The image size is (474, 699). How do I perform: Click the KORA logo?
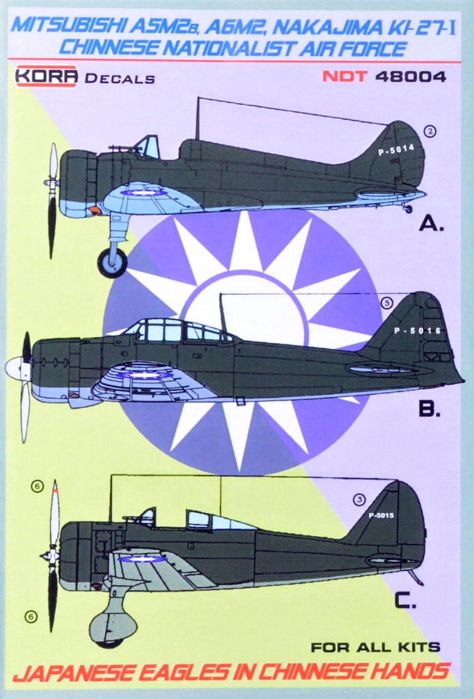47,76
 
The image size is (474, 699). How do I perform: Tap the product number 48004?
411,77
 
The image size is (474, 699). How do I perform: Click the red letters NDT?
345,77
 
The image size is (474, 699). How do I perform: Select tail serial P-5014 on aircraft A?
396,150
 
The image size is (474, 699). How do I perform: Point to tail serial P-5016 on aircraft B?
417,331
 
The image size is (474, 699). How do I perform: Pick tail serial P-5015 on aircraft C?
381,516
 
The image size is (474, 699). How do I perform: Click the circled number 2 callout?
430,131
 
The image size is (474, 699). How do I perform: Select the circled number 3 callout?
359,499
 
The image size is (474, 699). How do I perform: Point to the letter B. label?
429,408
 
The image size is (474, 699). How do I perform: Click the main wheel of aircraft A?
112,262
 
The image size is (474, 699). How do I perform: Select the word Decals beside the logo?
120,79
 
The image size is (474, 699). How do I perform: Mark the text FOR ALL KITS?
375,647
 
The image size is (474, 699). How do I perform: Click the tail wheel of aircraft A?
408,209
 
